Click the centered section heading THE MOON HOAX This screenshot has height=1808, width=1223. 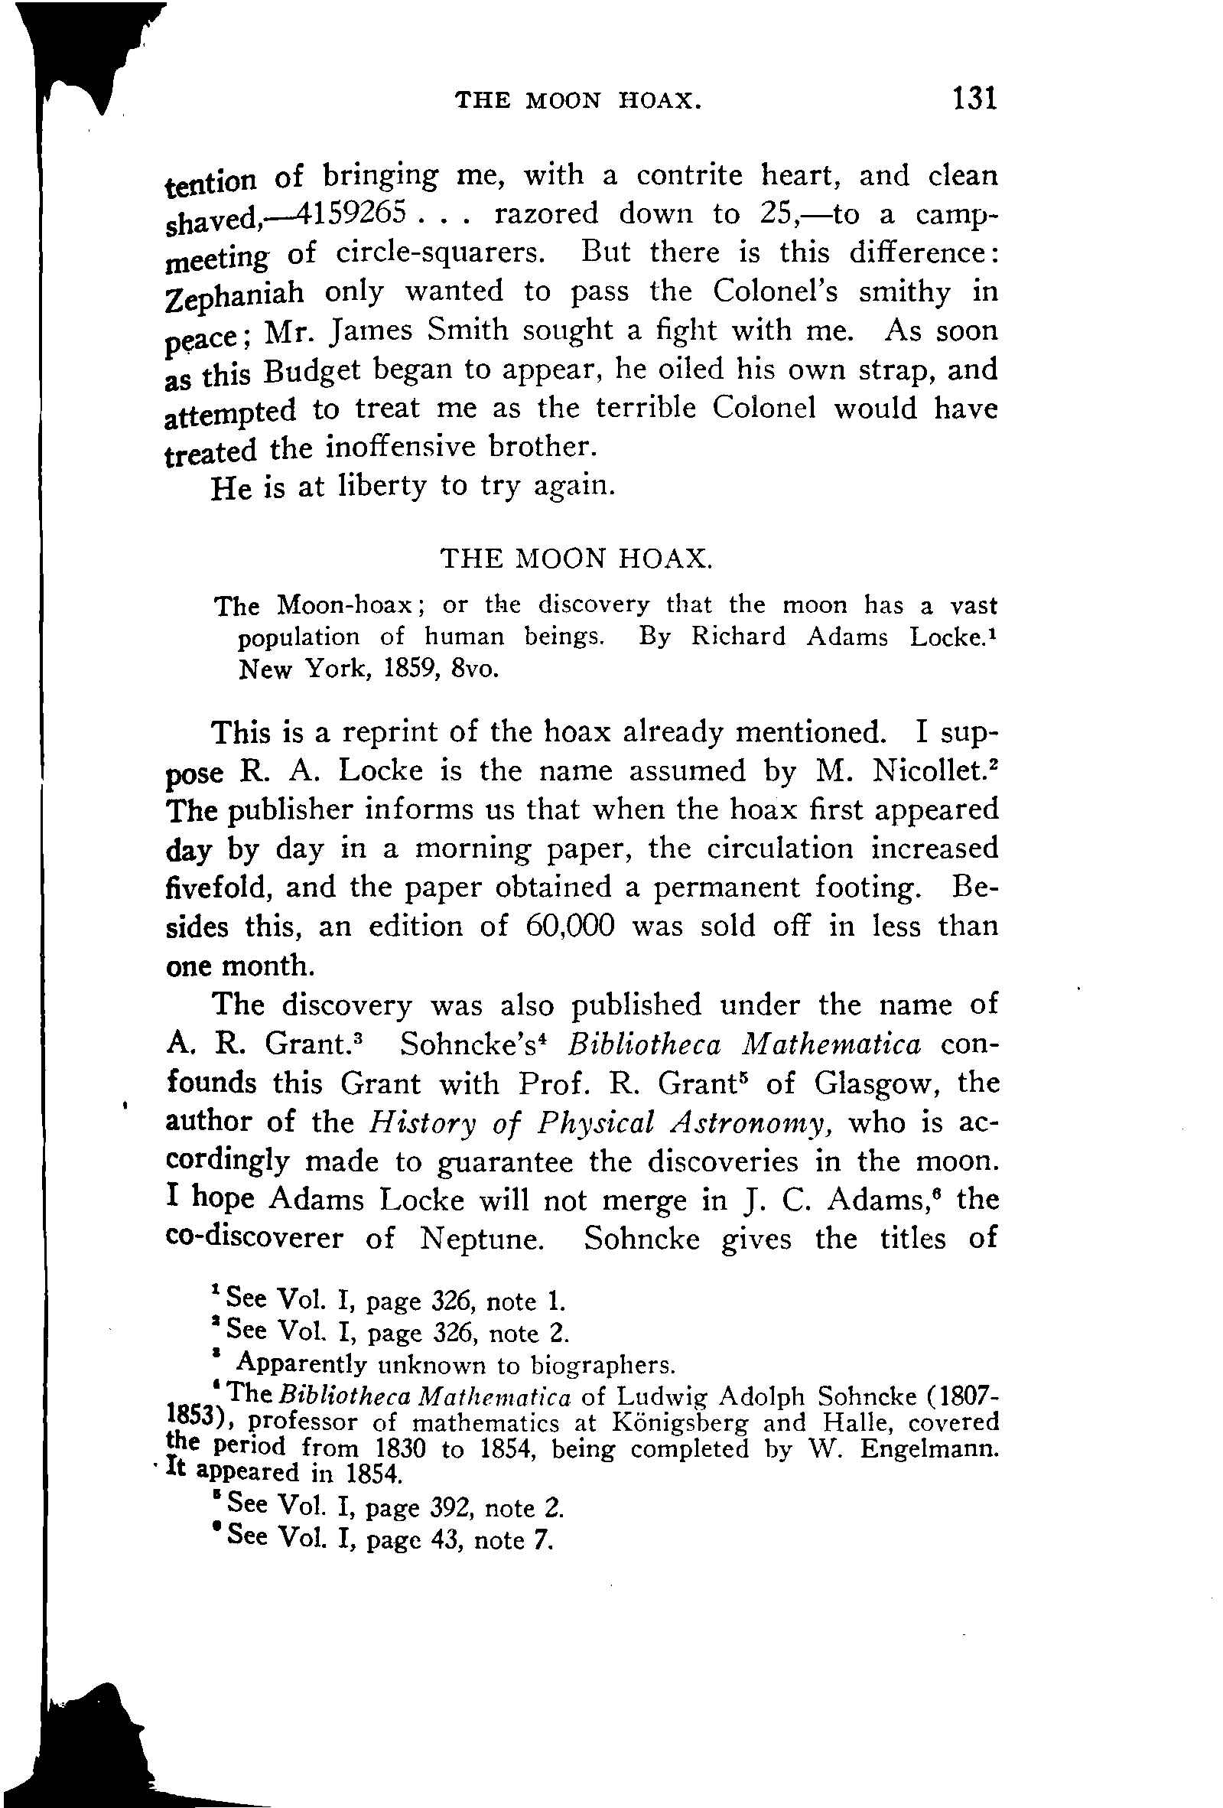click(576, 558)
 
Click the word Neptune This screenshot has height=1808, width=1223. click(481, 1239)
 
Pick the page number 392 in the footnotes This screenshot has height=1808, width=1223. click(449, 1508)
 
